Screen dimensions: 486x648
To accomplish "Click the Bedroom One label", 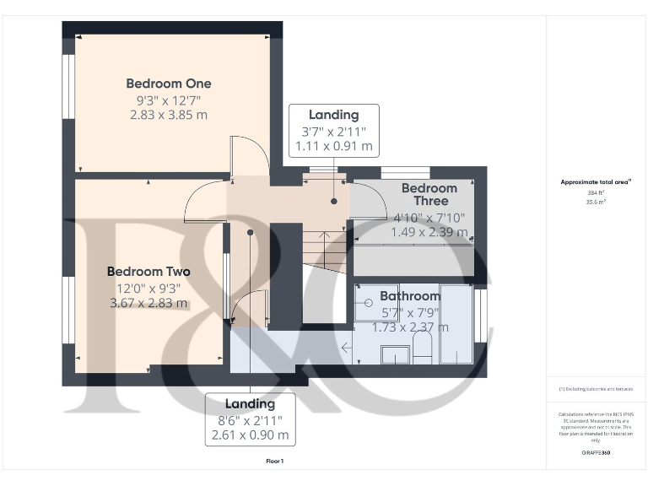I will click(169, 84).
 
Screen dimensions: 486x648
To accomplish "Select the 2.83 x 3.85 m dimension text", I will click(169, 115).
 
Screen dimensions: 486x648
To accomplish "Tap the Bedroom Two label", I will click(148, 272).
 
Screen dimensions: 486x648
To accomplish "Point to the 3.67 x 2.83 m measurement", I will click(148, 303).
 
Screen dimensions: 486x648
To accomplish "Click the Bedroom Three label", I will click(429, 194).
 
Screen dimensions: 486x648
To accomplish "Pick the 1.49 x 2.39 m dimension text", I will click(429, 231).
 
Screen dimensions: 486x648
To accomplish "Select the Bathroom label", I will click(410, 296).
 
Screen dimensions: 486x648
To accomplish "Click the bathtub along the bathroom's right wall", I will click(456, 325).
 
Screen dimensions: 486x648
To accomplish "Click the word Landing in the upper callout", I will click(333, 115).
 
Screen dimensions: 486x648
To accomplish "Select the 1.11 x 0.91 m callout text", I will click(333, 146).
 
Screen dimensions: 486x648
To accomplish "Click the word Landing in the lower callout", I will click(250, 404).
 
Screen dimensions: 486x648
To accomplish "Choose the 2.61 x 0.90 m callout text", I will click(250, 435).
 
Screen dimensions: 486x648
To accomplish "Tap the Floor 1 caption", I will click(274, 462).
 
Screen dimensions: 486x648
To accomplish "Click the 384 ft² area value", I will click(597, 193).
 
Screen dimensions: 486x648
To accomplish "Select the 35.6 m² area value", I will click(597, 202).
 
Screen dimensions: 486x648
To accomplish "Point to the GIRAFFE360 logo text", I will click(597, 453).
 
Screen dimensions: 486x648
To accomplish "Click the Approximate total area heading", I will click(596, 181).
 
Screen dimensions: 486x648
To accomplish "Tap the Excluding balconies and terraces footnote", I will click(596, 388).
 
